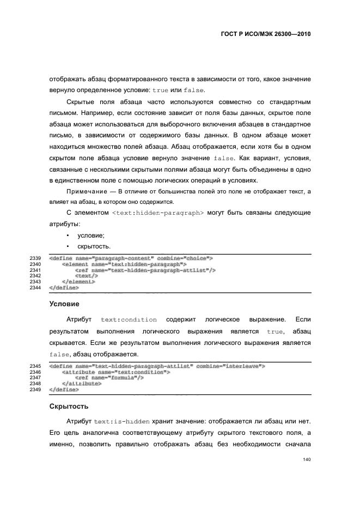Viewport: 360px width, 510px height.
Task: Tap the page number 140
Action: coord(306,459)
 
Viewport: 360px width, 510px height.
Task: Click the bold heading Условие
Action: coord(64,303)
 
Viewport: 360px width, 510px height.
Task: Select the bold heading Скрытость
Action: coord(68,406)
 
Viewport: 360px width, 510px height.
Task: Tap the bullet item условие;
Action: coord(90,235)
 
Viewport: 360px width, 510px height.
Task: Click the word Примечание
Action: coord(84,192)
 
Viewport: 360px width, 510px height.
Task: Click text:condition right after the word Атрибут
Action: coord(129,320)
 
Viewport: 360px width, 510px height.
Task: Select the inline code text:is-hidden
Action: coord(118,422)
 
